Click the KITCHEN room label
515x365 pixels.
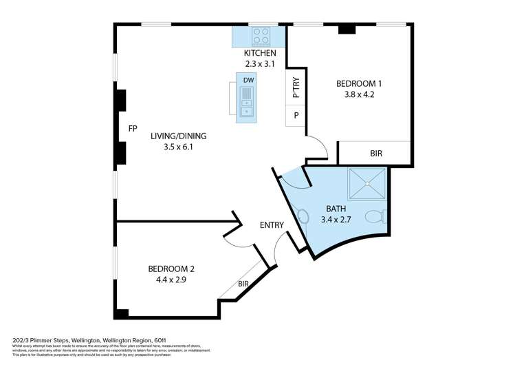[x=260, y=53]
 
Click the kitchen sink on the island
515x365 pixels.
[x=247, y=107]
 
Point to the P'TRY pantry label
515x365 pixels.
[x=296, y=90]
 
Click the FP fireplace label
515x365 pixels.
[x=133, y=129]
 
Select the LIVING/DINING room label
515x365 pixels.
[x=178, y=136]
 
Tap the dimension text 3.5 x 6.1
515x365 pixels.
[x=178, y=147]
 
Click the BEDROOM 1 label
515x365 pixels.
[x=358, y=84]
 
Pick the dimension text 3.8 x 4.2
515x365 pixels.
[x=358, y=95]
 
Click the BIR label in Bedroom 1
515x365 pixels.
[x=375, y=154]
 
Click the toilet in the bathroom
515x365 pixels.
[x=375, y=217]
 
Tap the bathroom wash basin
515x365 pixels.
[x=303, y=216]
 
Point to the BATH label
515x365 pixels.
[x=336, y=209]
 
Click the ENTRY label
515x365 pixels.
[x=271, y=225]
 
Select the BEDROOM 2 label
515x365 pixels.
[x=171, y=269]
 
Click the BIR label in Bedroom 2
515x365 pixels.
[x=243, y=284]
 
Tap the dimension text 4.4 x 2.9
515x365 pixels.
[x=171, y=280]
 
